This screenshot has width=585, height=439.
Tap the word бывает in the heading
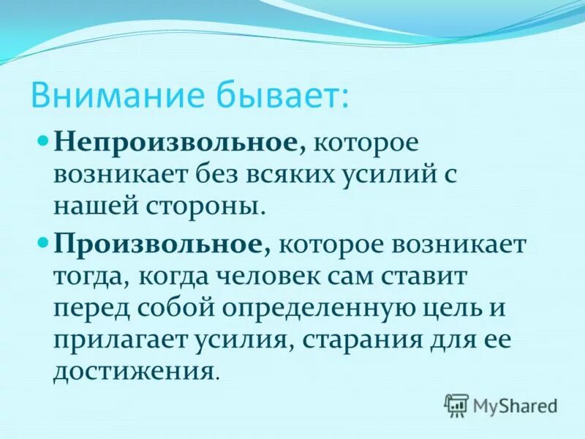click(282, 95)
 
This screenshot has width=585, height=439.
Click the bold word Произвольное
click(158, 244)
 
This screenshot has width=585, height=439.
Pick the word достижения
click(134, 371)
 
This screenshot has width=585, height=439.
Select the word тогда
click(82, 277)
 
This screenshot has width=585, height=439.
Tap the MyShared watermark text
click(515, 405)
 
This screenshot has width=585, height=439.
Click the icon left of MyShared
click(456, 405)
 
